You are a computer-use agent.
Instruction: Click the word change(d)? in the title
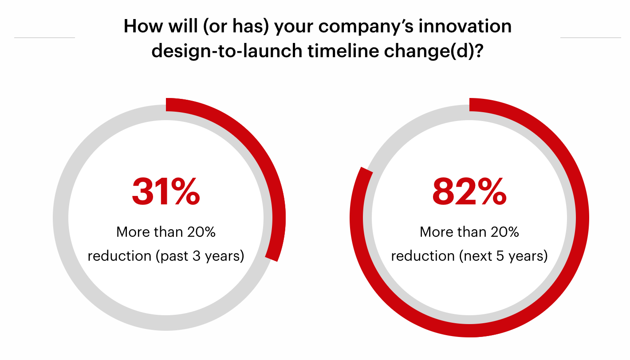(x=430, y=51)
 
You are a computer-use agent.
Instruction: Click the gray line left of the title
(x=44, y=38)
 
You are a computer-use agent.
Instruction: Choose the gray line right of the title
(x=591, y=38)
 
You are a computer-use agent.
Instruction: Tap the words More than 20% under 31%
(x=166, y=232)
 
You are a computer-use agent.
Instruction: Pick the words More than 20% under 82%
(x=469, y=232)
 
